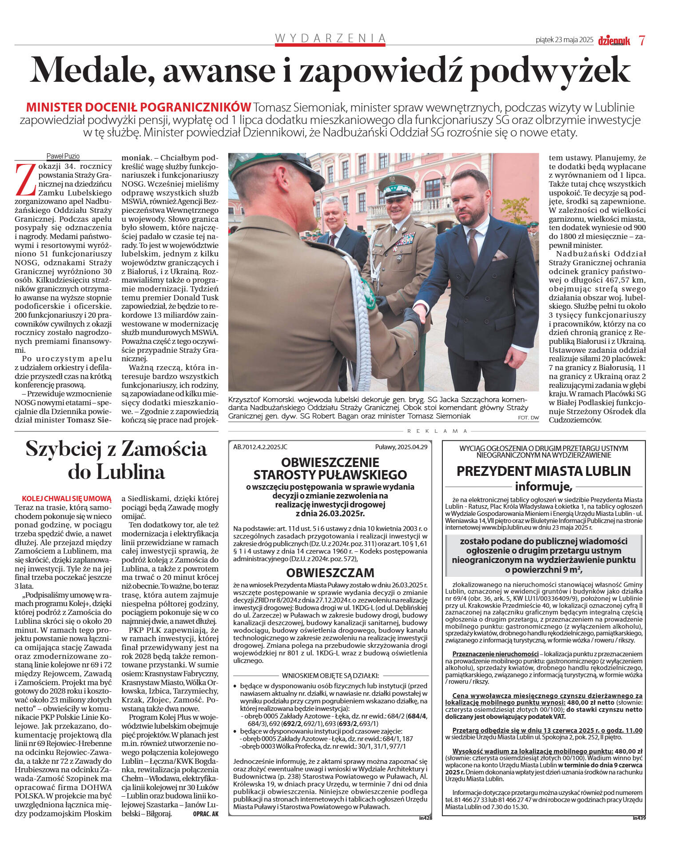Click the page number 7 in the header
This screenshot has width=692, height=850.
[x=642, y=40]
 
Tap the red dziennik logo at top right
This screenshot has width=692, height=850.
[x=614, y=40]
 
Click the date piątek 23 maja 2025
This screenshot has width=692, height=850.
[x=564, y=40]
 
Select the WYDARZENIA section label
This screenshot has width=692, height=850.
[x=330, y=38]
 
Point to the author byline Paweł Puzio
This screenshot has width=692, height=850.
[x=63, y=156]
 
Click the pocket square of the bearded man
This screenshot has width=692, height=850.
[x=500, y=255]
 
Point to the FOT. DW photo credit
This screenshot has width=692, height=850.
[x=528, y=418]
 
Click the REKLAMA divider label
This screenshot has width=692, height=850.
[x=437, y=431]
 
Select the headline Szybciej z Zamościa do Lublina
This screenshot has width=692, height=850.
[x=116, y=460]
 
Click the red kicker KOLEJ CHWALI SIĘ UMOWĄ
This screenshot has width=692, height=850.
[x=67, y=499]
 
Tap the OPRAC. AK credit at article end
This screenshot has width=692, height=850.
[x=206, y=814]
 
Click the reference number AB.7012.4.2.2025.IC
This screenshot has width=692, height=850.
[x=260, y=447]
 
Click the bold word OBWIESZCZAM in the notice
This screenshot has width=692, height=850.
[x=330, y=572]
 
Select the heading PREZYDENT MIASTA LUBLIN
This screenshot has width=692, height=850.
[x=543, y=471]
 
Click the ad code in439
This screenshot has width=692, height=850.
[x=639, y=818]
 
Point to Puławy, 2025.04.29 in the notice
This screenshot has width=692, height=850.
[x=401, y=447]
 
